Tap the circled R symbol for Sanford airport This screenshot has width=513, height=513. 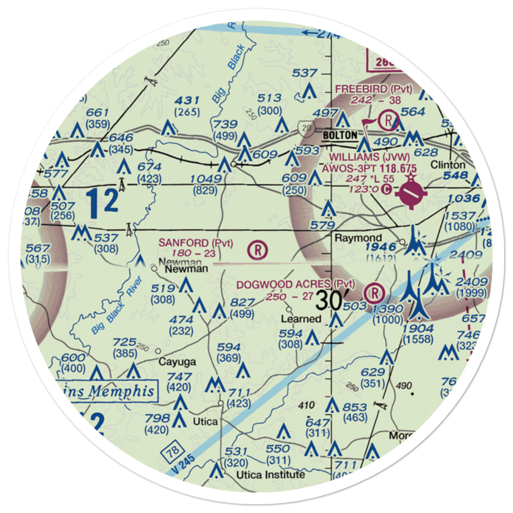pos(257,250)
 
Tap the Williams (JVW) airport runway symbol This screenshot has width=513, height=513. pos(411,193)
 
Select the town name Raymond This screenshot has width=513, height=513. pos(358,238)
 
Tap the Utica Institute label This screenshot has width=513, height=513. pos(270,475)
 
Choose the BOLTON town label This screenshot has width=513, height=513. pos(339,135)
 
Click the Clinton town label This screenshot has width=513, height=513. pos(448,165)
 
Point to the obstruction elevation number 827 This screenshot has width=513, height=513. pos(243,303)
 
